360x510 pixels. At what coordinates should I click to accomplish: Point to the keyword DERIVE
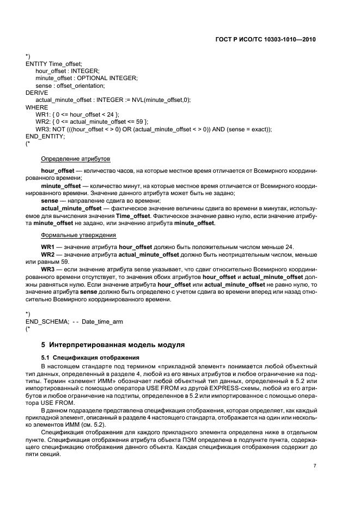coord(37,93)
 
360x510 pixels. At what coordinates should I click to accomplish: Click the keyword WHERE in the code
coord(36,107)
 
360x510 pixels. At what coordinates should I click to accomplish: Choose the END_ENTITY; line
coord(45,136)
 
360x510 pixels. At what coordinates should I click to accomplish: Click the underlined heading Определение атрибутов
coord(76,159)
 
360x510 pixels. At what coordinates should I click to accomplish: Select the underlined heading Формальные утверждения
coord(78,235)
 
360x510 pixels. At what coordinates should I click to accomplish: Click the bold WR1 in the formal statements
coord(48,247)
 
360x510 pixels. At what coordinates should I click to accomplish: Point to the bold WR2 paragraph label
coord(48,254)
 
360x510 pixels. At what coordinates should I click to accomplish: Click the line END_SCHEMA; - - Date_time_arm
coord(74,321)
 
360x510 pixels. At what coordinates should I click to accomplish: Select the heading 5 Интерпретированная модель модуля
coord(113,345)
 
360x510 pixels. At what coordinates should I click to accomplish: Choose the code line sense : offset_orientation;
coord(70,86)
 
